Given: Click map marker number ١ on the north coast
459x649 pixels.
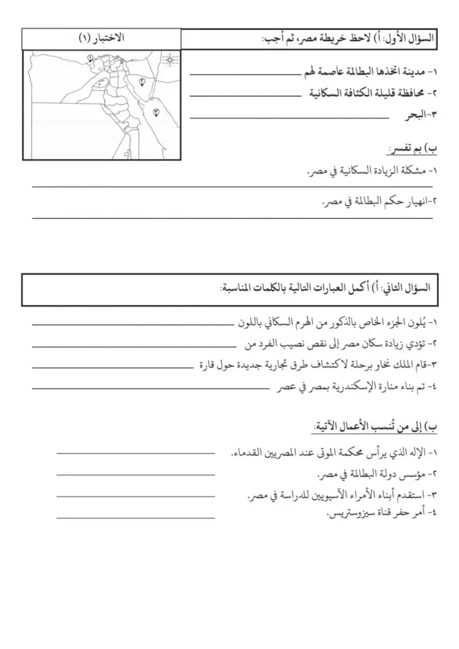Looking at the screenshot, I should (90, 59).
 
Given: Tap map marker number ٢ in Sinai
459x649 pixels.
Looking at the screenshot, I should (141, 81).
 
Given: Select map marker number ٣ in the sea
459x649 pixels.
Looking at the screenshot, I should (155, 112).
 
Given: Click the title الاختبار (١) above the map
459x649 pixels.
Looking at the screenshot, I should (102, 38).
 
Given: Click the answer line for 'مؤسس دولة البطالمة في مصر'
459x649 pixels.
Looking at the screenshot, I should (136, 474).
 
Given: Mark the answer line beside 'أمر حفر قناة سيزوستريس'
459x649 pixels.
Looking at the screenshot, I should (136, 517).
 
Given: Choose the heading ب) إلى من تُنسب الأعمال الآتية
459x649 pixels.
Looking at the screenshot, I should (375, 426).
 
